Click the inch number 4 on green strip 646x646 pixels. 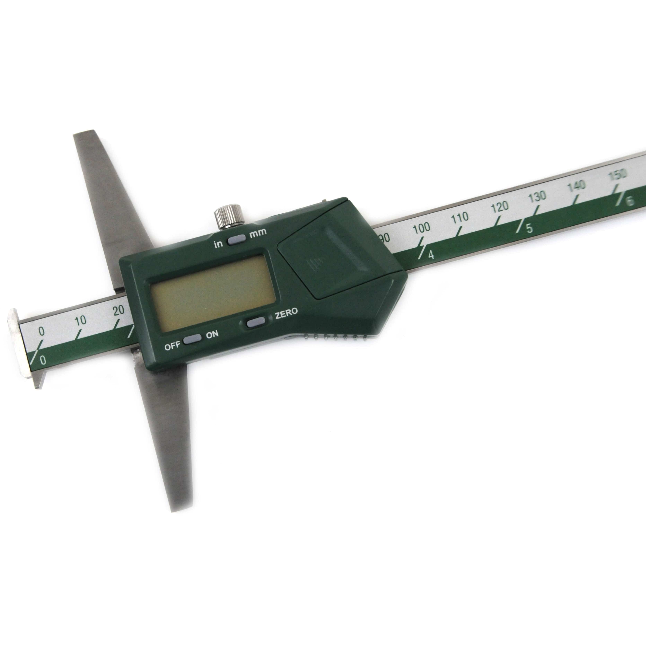pyautogui.click(x=431, y=255)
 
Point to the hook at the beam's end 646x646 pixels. pyautogui.click(x=25, y=348)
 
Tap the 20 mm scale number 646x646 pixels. pyautogui.click(x=118, y=310)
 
